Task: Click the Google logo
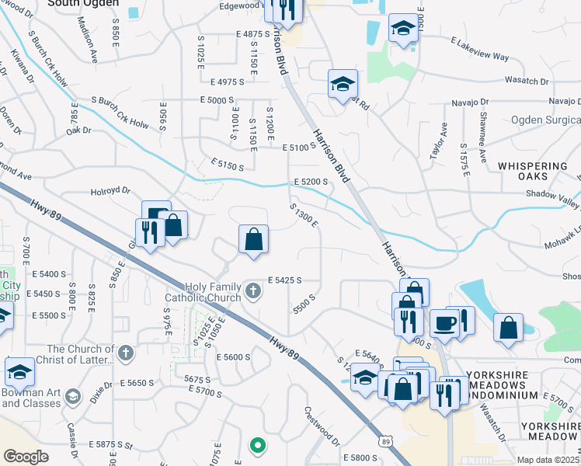26,457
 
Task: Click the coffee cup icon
444,323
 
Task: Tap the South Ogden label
83,3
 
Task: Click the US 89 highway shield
385,441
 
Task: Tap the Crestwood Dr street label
322,427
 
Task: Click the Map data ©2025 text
548,460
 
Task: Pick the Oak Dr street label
78,130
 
